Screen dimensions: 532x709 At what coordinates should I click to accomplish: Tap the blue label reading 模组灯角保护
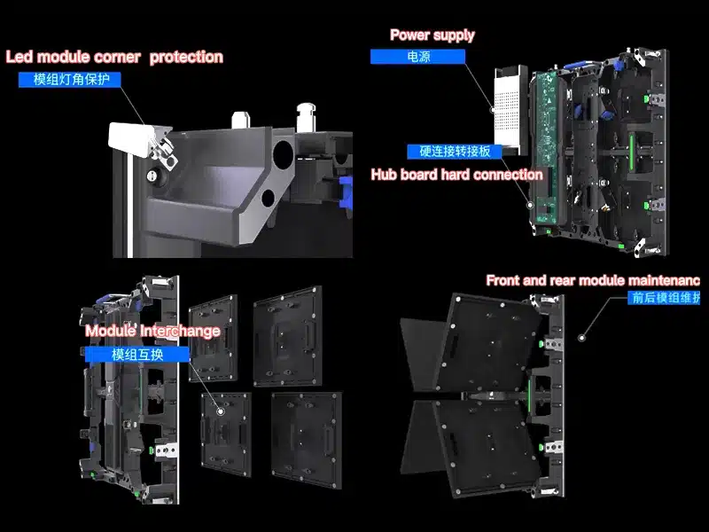[70, 80]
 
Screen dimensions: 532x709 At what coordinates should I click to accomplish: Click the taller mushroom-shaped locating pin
[308, 116]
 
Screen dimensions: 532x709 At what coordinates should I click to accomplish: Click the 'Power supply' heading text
[432, 35]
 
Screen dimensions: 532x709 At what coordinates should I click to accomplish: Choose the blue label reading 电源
[417, 56]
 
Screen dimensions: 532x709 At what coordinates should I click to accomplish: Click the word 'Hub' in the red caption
[386, 175]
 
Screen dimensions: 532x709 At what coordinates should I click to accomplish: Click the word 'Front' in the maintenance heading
[504, 280]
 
